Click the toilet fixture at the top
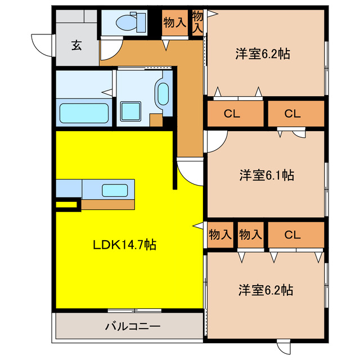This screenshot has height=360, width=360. click(125, 22)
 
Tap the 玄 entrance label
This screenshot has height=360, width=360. click(76, 46)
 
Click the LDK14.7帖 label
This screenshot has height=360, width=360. click(124, 245)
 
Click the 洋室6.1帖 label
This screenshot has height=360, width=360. click(266, 175)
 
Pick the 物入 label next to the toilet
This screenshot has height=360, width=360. click(175, 23)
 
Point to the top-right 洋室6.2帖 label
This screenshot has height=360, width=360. click(263, 55)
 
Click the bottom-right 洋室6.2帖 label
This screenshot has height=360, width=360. click(265, 290)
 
